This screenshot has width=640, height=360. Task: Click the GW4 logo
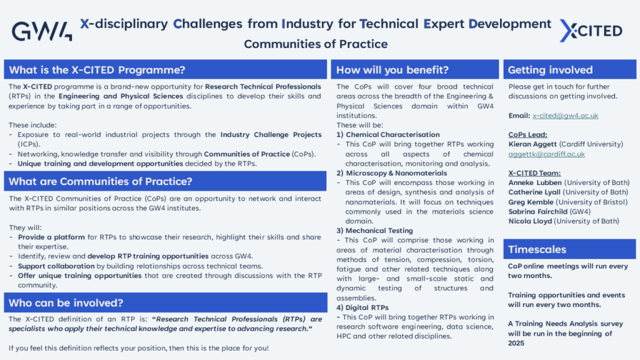[x=42, y=31]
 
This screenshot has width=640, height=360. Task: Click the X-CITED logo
[x=591, y=31]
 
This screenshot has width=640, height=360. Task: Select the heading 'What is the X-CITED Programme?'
[x=97, y=70]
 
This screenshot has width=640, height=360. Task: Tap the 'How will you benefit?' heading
[x=392, y=70]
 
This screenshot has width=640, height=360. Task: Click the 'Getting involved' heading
[x=550, y=70]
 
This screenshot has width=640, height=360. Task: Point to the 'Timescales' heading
[x=537, y=249]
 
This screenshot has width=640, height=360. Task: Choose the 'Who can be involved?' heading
[x=66, y=303]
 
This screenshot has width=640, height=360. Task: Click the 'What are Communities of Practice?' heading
[x=101, y=181]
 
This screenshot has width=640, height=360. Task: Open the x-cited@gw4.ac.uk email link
[x=565, y=116]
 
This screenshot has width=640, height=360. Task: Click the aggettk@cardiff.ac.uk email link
[x=546, y=154]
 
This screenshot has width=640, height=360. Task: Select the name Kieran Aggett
[x=532, y=144]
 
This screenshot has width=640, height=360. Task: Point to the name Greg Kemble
[x=531, y=202]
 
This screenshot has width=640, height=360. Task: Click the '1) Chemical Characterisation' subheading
[x=388, y=135]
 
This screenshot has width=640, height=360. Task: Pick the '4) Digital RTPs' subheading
[x=362, y=307]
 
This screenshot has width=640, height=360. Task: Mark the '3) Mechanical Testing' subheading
[x=375, y=231]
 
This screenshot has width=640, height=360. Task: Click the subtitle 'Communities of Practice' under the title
[x=316, y=44]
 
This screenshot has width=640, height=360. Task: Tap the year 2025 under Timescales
[x=516, y=343]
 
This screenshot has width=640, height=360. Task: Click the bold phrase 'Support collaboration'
[x=56, y=266]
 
